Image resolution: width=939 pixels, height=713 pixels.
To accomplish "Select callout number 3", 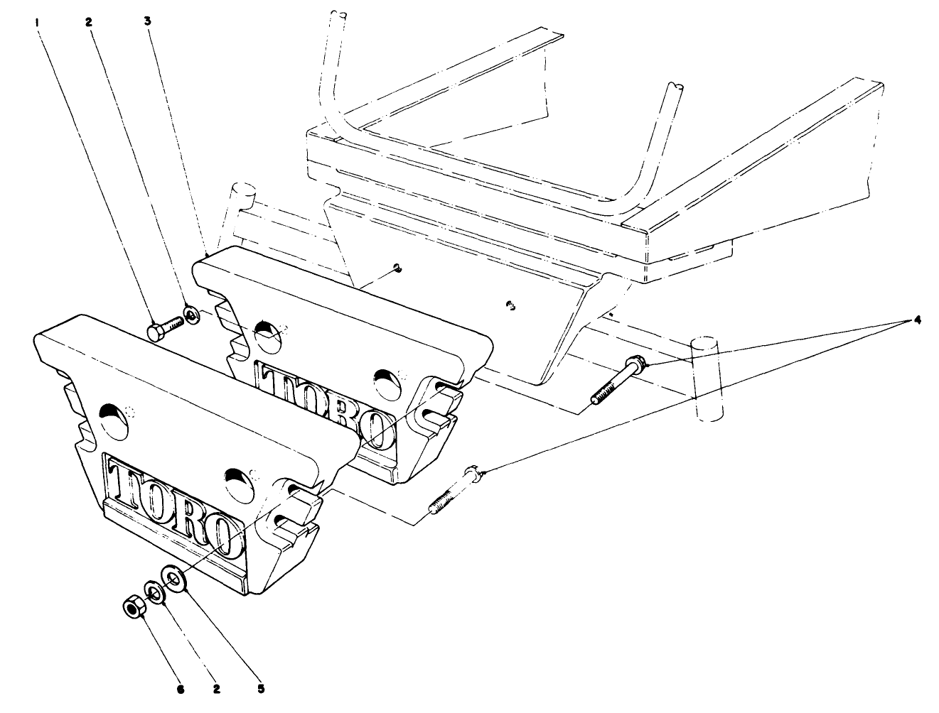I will click(x=146, y=22).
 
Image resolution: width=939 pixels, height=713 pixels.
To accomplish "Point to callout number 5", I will click(x=261, y=688).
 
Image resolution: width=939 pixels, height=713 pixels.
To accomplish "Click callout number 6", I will click(x=181, y=688).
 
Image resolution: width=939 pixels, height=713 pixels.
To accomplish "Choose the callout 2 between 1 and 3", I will click(x=89, y=22).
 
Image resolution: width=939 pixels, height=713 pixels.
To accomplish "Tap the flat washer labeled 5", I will click(x=175, y=577).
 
